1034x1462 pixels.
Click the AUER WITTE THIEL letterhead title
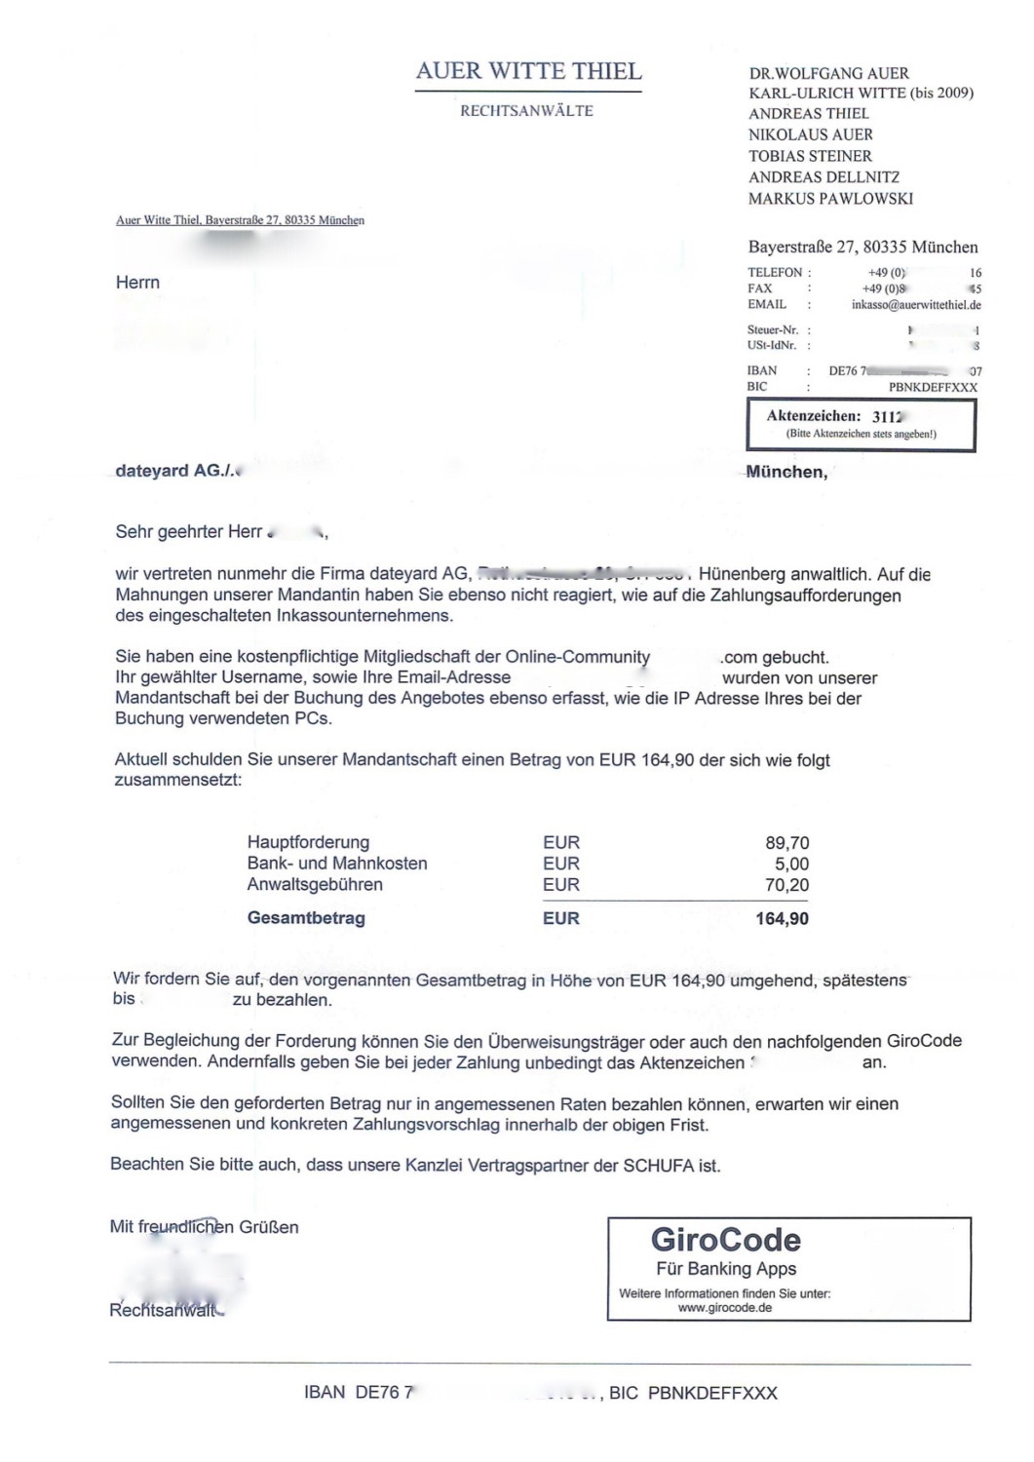528,71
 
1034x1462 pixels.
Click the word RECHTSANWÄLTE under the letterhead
526,111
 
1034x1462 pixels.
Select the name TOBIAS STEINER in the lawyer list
810,156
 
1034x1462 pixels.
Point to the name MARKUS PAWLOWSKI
830,199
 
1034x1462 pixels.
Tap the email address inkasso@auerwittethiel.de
916,305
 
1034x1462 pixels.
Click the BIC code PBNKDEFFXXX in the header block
933,387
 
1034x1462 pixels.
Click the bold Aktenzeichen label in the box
813,416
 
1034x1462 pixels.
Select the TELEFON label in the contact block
775,273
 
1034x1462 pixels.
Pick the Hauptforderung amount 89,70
786,843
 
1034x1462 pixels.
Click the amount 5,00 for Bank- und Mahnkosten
791,865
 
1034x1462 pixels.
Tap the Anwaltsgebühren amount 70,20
786,886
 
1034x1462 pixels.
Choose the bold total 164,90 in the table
782,919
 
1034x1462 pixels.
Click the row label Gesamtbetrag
306,918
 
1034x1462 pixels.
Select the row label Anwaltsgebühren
315,885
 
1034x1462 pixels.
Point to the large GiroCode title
725,1240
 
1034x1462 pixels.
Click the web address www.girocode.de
724,1308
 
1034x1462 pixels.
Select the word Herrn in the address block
137,283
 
